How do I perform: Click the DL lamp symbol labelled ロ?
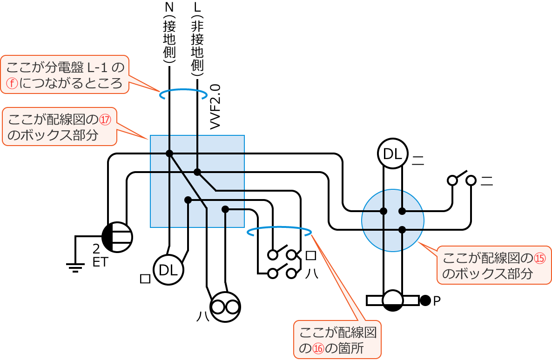click(168, 269)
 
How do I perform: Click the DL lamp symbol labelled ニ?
click(393, 153)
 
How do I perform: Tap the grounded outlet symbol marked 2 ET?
click(117, 237)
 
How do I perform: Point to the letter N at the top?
click(169, 7)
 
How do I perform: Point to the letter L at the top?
click(197, 7)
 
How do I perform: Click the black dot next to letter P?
click(425, 300)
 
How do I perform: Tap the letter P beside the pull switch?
click(437, 301)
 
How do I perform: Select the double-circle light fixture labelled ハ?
click(225, 307)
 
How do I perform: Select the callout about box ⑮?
click(493, 266)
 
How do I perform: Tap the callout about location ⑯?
click(337, 340)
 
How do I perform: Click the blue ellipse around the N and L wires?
click(183, 94)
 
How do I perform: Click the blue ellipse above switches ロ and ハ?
click(279, 231)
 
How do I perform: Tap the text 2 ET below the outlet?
click(100, 256)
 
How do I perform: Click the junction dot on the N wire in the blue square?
click(169, 153)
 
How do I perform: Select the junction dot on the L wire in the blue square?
click(197, 172)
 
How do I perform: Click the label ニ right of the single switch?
click(486, 180)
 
